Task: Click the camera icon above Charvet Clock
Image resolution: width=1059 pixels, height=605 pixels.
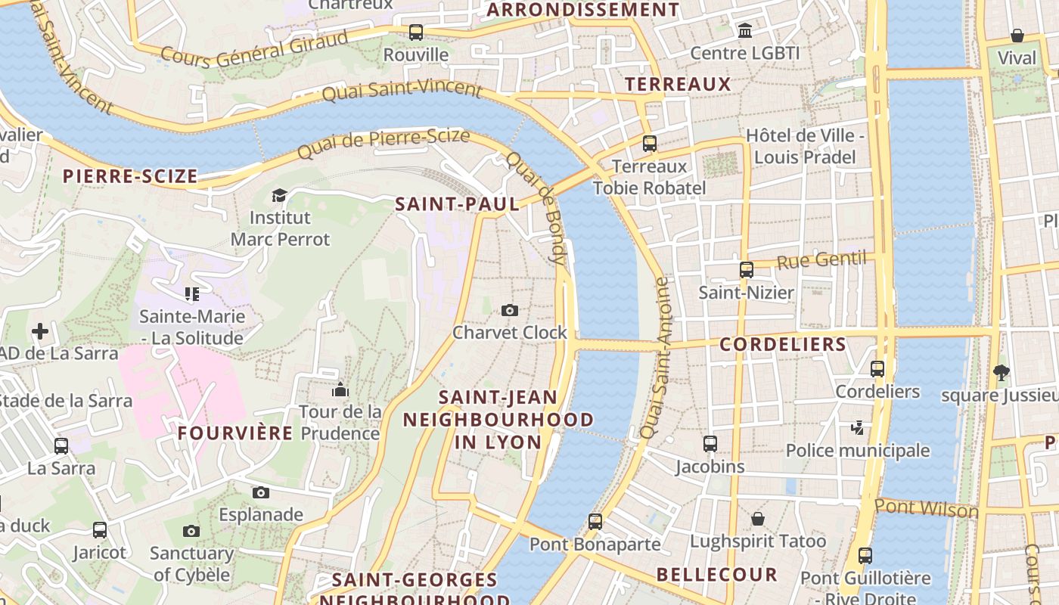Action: tap(510, 310)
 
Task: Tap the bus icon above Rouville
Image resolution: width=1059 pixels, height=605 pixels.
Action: tap(415, 33)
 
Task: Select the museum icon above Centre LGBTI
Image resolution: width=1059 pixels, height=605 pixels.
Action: tap(745, 31)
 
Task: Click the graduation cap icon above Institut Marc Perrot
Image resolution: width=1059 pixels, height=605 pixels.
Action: tap(279, 196)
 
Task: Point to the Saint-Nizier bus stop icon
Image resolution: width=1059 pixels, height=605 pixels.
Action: tap(746, 270)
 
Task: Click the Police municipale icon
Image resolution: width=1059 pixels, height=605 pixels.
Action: tap(857, 428)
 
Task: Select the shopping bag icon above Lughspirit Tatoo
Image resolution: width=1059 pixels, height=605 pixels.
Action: tap(757, 519)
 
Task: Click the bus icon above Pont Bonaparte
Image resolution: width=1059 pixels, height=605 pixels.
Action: tap(595, 521)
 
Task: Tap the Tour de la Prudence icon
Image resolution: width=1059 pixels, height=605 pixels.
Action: tap(340, 389)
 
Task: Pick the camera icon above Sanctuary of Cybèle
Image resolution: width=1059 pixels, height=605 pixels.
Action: tap(191, 531)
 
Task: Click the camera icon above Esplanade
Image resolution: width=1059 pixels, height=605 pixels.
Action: tap(261, 492)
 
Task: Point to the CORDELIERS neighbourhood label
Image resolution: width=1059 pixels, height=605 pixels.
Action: tap(783, 345)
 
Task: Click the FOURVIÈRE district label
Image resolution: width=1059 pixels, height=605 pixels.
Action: tap(235, 433)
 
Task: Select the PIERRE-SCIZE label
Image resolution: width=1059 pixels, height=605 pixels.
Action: tap(130, 177)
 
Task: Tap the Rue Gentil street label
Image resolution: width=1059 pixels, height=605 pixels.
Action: tap(821, 261)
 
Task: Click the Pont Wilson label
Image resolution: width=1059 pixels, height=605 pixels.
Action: tap(926, 508)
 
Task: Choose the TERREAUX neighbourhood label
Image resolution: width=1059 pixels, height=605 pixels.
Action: tap(678, 84)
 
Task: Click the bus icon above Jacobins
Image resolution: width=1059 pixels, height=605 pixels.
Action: tap(710, 444)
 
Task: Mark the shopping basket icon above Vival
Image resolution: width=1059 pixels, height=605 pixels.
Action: tap(1017, 36)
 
